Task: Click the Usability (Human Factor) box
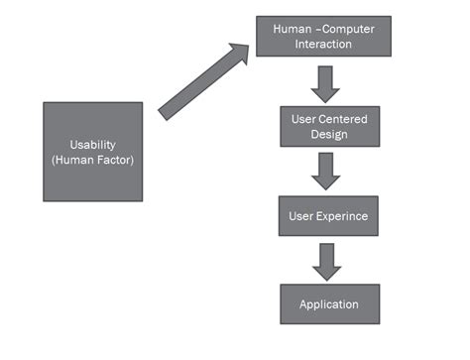click(x=92, y=152)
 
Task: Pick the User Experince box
click(x=325, y=215)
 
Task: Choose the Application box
click(x=329, y=303)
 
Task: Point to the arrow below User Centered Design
click(x=325, y=172)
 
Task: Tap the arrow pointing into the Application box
click(x=325, y=260)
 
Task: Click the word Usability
click(x=91, y=144)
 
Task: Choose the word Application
click(x=329, y=303)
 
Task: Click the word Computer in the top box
click(x=348, y=29)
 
